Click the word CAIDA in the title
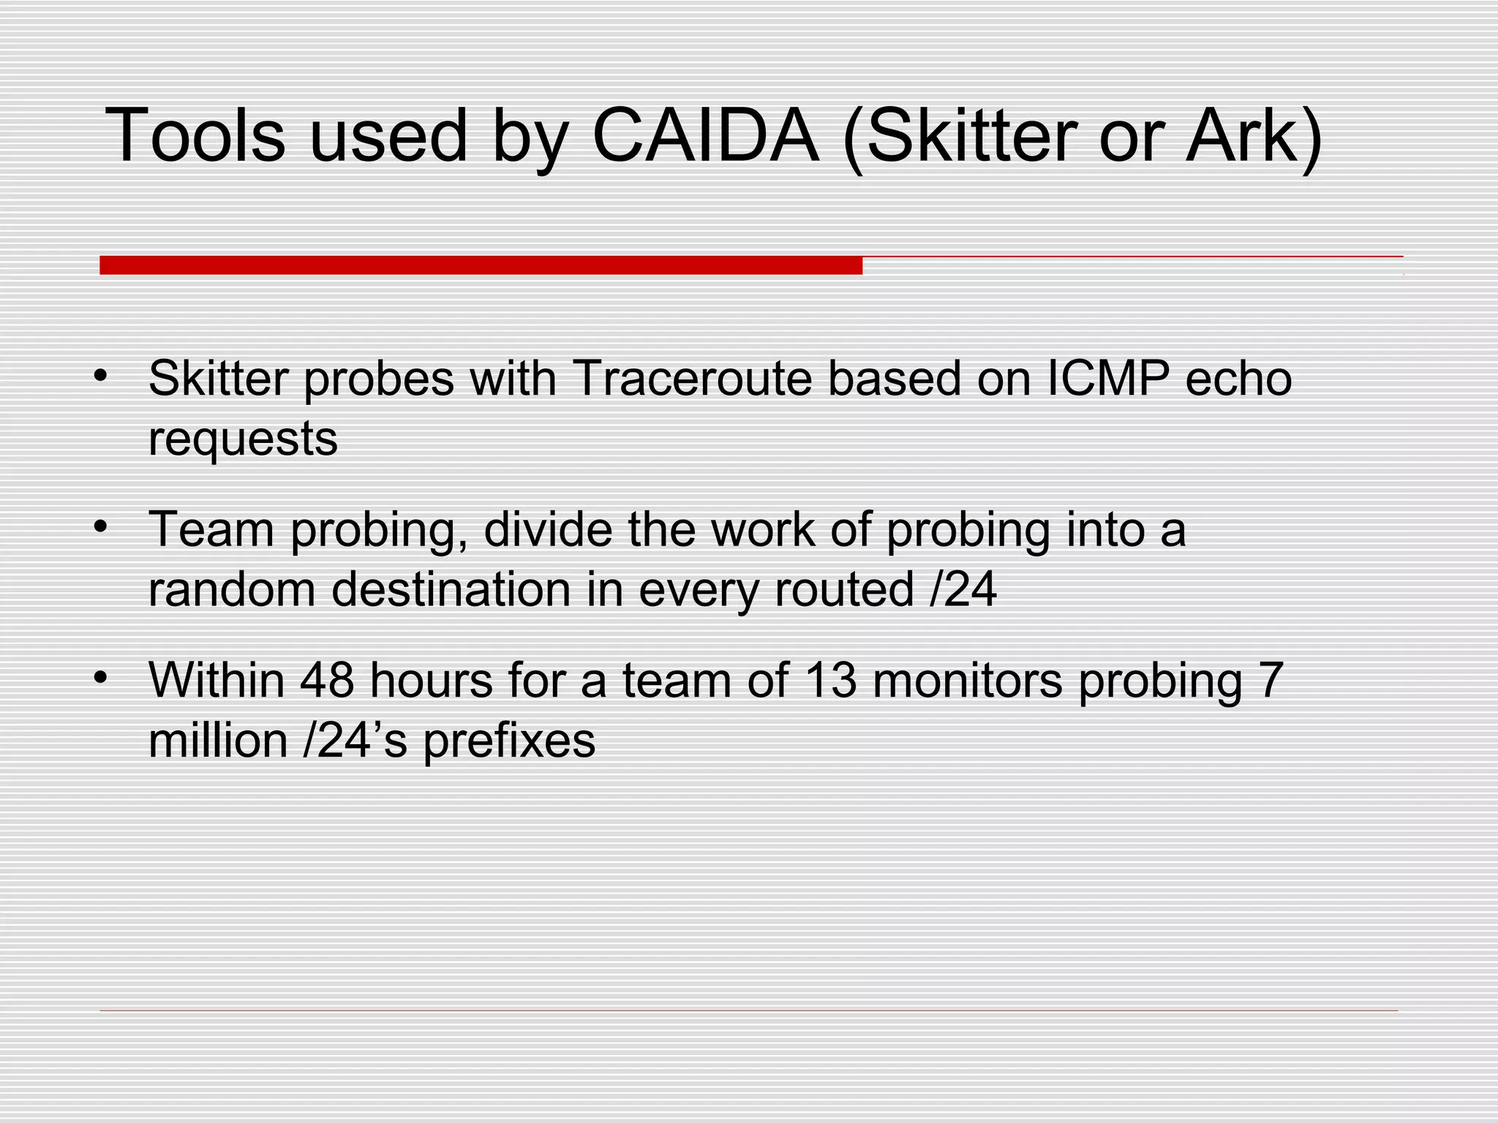coord(705,136)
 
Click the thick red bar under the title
coord(481,265)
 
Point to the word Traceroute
coord(693,379)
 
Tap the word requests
coord(243,440)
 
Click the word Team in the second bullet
coord(211,529)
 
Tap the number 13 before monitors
coord(829,680)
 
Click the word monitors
coord(967,680)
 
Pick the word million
coord(218,741)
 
